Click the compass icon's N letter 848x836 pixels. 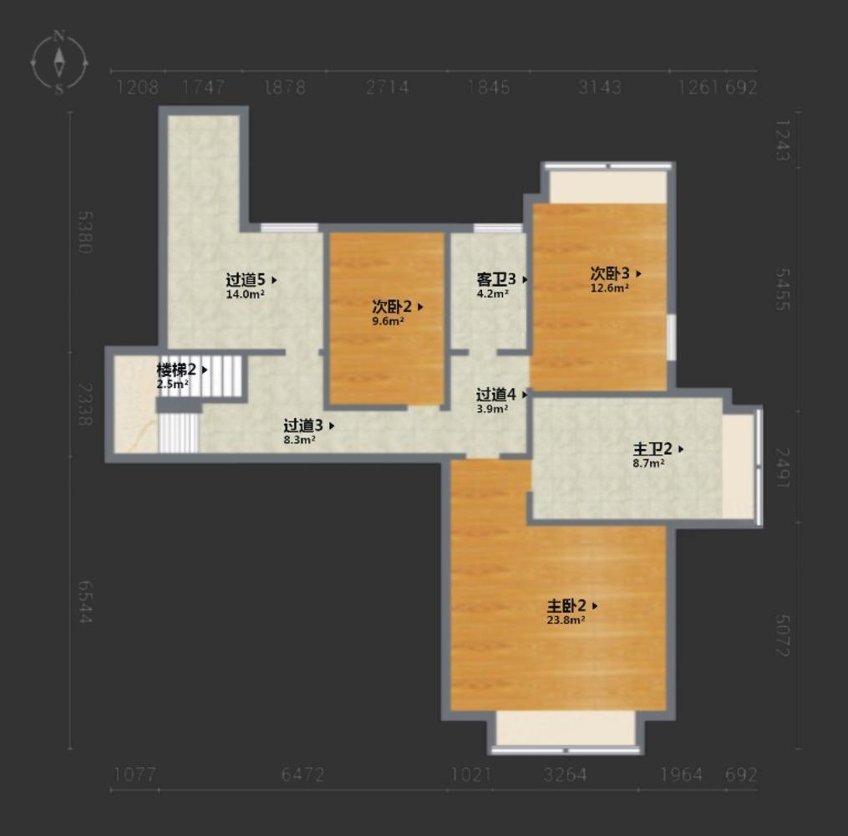59,37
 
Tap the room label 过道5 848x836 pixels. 246,280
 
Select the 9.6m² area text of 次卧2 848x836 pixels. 388,321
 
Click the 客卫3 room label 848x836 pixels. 496,279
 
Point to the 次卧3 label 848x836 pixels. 610,273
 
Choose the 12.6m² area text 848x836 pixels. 610,288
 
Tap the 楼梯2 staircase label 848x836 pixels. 176,370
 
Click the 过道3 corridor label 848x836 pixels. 303,426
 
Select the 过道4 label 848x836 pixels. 496,395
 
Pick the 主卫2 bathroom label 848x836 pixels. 653,449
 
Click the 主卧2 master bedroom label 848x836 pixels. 566,605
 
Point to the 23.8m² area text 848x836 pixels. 566,620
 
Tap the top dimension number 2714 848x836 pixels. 387,87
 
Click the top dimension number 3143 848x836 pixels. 600,87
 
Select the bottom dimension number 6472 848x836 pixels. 302,775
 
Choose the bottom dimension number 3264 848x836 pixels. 565,775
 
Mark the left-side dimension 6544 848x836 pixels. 85,602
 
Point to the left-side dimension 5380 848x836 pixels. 85,232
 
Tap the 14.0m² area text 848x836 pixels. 245,294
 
